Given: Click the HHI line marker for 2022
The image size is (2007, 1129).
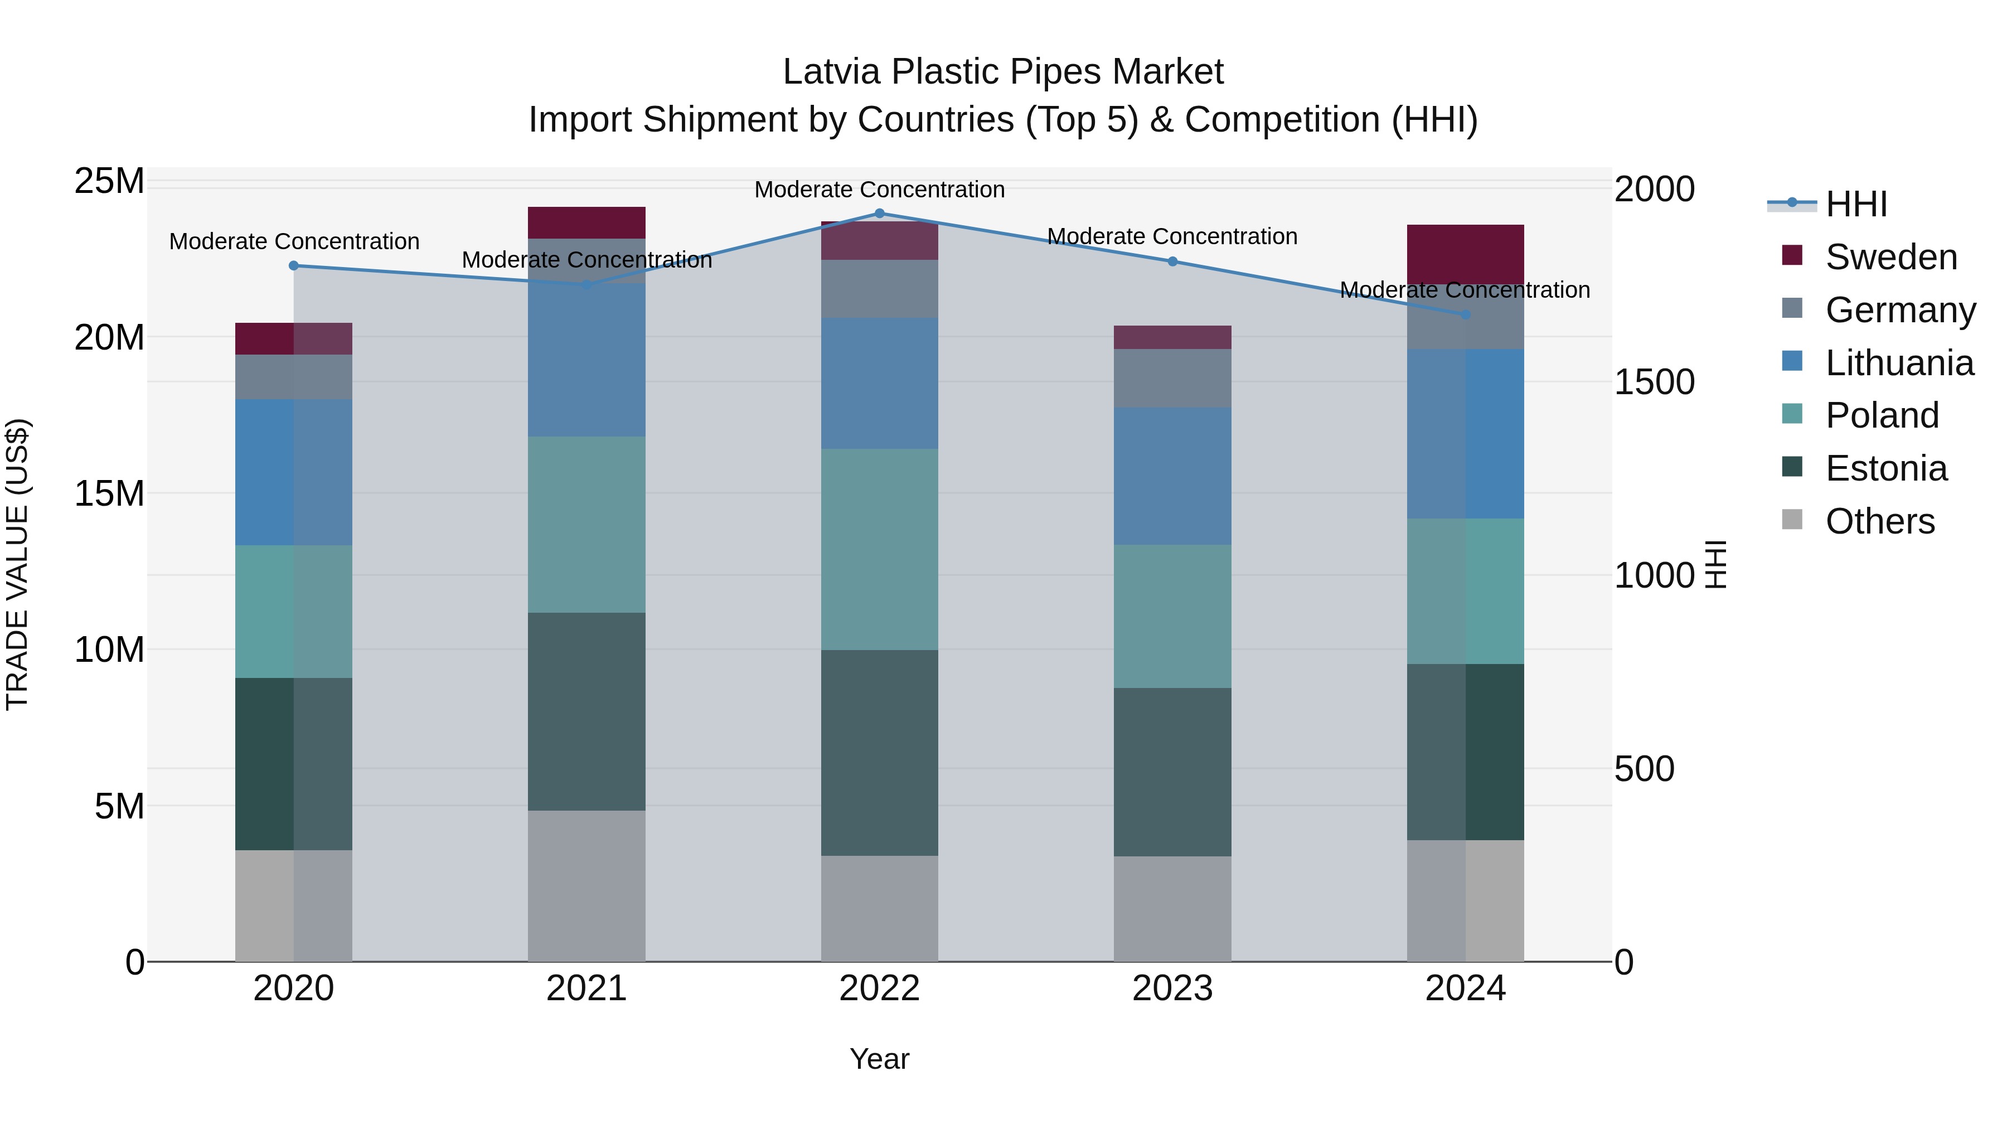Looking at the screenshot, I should click(880, 214).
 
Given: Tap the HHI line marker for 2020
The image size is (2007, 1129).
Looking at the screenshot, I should click(294, 266).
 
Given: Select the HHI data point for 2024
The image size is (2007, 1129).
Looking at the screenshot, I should click(1465, 315).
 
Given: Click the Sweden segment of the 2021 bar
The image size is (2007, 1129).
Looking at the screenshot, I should click(586, 223).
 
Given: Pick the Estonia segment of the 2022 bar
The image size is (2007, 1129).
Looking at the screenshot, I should click(880, 753).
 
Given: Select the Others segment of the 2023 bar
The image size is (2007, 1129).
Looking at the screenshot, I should click(1172, 909).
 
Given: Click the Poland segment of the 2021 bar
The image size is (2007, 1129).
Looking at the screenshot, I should click(586, 525).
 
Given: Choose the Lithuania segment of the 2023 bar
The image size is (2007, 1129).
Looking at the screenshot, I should click(1172, 475).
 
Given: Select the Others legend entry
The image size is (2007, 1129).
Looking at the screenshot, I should click(1879, 521).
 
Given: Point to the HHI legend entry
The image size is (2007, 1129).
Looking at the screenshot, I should click(1856, 204).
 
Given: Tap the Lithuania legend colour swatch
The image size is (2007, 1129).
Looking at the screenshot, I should click(1792, 361).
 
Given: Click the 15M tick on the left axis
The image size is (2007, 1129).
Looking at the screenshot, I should click(109, 493).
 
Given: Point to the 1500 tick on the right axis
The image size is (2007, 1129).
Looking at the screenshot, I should click(1654, 382).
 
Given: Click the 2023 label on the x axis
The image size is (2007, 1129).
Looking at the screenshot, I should click(1172, 989).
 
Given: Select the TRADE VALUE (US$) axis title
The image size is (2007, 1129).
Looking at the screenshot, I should click(17, 564).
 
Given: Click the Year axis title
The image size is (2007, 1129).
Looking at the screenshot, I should click(880, 1059).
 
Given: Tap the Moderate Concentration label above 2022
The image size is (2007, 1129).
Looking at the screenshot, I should click(880, 190).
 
